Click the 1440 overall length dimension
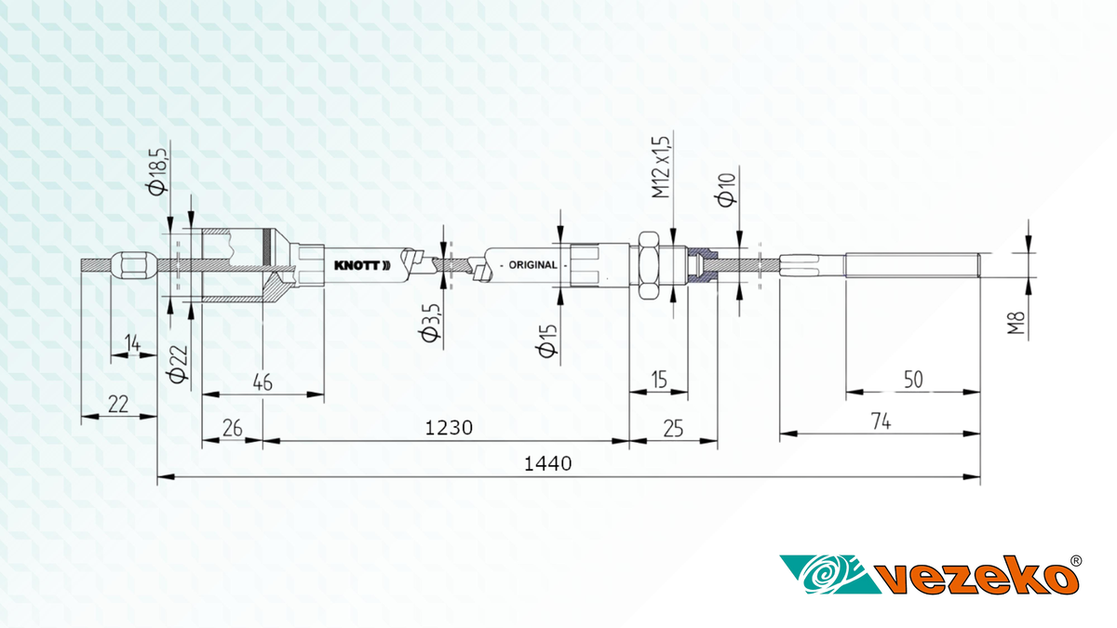click(x=547, y=464)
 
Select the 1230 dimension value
click(x=449, y=428)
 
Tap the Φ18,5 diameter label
click(x=158, y=168)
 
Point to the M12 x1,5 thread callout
click(x=662, y=167)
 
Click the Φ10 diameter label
click(x=726, y=190)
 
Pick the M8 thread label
click(x=1016, y=323)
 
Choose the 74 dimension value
click(x=881, y=421)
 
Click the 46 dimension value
click(x=262, y=382)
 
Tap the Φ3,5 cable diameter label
click(x=431, y=323)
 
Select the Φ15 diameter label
click(x=547, y=341)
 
